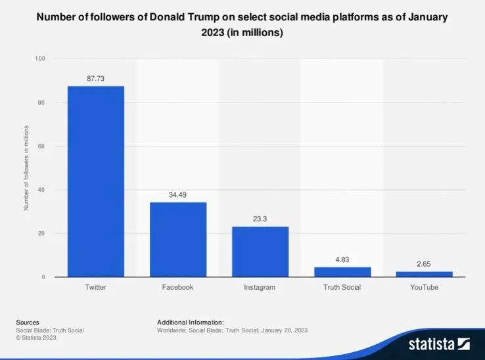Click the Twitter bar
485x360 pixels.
[96, 181]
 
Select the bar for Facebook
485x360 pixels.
[178, 239]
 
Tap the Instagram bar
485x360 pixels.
[260, 252]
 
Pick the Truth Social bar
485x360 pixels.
[342, 272]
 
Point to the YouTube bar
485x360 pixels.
[424, 274]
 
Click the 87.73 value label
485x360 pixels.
[96, 78]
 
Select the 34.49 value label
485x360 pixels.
[178, 194]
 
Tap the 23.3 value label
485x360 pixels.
[260, 219]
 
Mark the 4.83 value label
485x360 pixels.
[342, 259]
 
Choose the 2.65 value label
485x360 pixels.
[424, 264]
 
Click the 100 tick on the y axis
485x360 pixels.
[41, 59]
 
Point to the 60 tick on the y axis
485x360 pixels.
[42, 146]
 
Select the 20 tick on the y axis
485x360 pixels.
[42, 233]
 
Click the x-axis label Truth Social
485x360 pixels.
[342, 288]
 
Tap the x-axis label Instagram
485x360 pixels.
[260, 288]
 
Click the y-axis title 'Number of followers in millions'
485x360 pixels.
[27, 168]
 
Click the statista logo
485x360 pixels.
[439, 344]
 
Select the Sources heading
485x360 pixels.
[28, 323]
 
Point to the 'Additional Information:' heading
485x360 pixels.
[191, 323]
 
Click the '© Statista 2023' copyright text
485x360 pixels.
[36, 338]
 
